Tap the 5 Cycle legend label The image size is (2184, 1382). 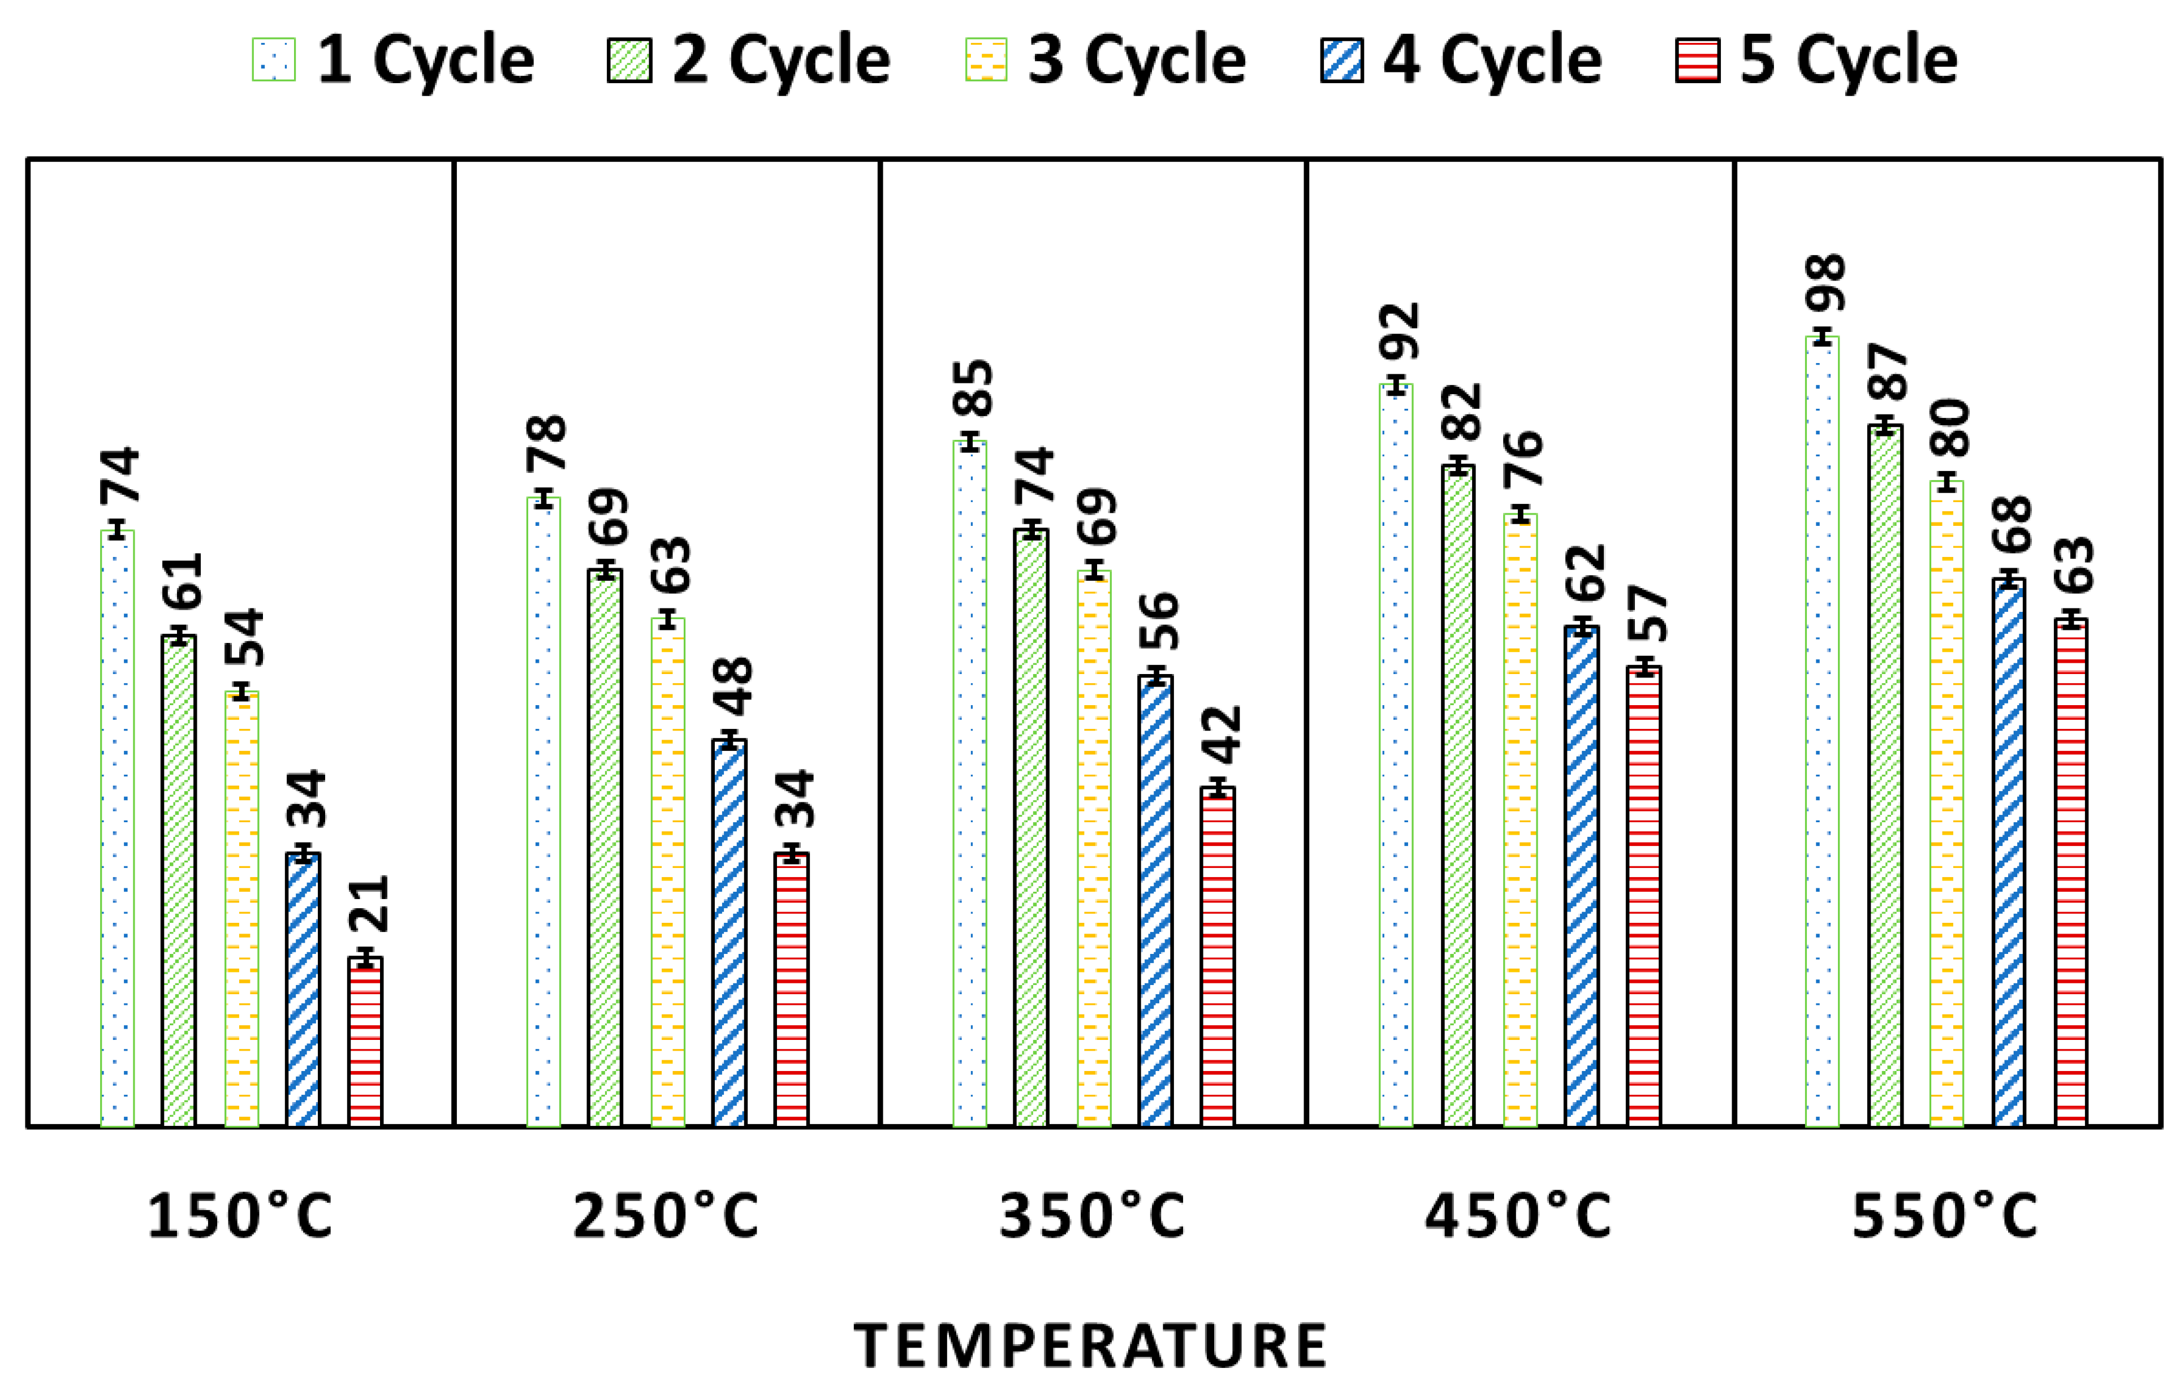click(1849, 60)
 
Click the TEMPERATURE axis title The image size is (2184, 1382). click(1091, 1346)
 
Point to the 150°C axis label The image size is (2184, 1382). click(240, 1217)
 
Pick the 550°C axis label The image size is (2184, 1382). click(1945, 1217)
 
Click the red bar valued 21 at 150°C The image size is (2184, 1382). click(365, 1043)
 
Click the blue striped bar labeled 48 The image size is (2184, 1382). click(729, 934)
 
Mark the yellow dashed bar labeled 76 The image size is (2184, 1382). click(1520, 820)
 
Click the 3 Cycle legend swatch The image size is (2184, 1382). click(986, 61)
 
